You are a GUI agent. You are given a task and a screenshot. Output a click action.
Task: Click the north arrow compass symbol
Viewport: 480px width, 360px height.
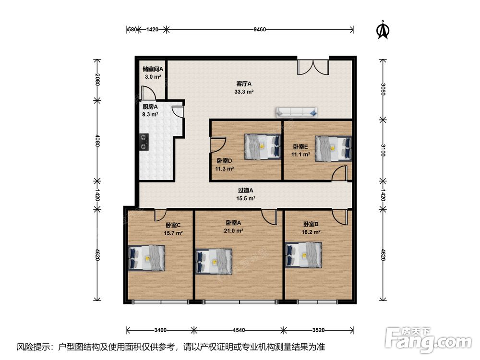pyautogui.click(x=383, y=30)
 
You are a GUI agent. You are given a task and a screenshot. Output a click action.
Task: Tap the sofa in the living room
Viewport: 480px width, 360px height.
pyautogui.click(x=297, y=112)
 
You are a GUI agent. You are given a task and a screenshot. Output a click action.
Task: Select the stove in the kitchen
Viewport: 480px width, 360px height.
pyautogui.click(x=144, y=142)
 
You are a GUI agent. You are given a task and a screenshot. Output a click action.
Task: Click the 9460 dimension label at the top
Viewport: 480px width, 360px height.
pyautogui.click(x=260, y=29)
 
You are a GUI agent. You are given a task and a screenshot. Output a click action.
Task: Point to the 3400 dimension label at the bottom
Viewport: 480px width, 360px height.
pyautogui.click(x=160, y=330)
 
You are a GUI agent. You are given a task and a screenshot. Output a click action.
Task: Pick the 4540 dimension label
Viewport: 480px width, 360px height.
pyautogui.click(x=239, y=330)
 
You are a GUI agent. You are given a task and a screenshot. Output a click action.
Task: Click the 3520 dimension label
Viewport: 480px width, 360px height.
pyautogui.click(x=318, y=330)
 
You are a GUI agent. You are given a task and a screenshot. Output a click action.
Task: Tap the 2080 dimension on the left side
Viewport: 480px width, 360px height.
pyautogui.click(x=97, y=79)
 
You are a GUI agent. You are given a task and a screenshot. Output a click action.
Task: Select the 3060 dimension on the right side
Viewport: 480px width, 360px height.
pyautogui.click(x=383, y=89)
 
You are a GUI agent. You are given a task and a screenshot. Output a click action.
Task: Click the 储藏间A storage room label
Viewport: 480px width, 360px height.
pyautogui.click(x=153, y=69)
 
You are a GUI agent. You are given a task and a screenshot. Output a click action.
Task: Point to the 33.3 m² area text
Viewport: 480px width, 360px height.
pyautogui.click(x=244, y=92)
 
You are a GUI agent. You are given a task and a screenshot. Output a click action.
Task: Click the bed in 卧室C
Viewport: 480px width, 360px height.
pyautogui.click(x=146, y=258)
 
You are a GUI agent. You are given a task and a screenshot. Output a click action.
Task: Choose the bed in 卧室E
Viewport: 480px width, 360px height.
pyautogui.click(x=334, y=148)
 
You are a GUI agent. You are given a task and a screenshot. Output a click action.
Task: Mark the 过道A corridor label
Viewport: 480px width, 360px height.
pyautogui.click(x=245, y=191)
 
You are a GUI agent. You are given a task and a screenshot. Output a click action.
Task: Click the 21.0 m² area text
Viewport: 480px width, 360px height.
pyautogui.click(x=233, y=231)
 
